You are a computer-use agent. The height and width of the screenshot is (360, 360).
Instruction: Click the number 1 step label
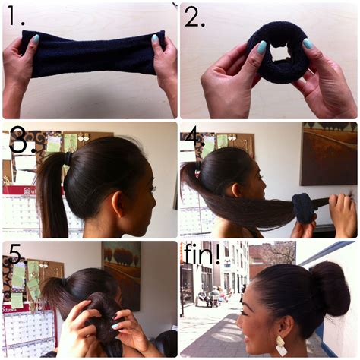point(13,18)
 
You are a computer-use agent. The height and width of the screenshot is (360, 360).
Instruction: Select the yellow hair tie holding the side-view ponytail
point(68,158)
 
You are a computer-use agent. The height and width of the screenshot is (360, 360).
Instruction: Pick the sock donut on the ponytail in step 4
point(304,207)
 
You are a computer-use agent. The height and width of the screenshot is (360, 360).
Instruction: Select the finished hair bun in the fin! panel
point(330,289)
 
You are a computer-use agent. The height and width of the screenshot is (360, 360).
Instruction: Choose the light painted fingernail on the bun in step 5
point(113,326)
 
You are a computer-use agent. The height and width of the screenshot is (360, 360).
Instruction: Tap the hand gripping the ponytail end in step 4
point(342,213)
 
